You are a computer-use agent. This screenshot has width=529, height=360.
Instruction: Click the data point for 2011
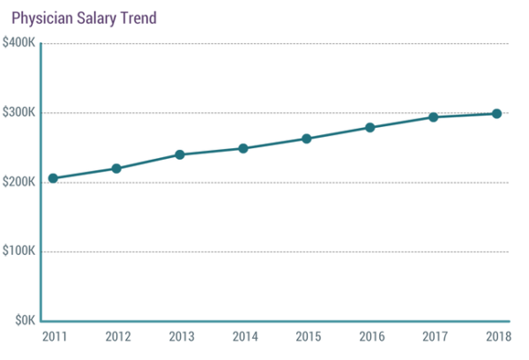(53, 178)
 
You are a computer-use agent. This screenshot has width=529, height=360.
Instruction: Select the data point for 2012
(116, 169)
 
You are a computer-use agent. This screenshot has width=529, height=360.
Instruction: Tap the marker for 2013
(180, 154)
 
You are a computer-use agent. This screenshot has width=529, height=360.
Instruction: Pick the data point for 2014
(243, 148)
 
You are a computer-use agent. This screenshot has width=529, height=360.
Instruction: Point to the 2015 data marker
(307, 139)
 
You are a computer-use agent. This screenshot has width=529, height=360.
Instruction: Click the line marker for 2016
(370, 127)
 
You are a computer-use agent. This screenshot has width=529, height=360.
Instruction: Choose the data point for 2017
(434, 116)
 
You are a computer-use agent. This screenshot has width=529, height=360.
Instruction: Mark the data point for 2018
(497, 114)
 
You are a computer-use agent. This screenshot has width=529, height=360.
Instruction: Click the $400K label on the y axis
(19, 43)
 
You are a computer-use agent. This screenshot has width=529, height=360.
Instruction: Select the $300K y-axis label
(19, 113)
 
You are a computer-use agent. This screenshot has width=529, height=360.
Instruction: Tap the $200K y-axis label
(19, 182)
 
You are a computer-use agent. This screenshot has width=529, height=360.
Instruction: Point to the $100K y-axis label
(19, 251)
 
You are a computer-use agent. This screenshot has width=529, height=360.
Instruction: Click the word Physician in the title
(39, 17)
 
